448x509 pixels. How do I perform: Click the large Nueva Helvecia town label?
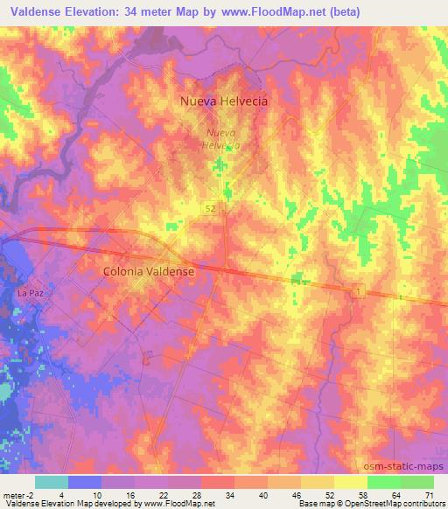(223, 101)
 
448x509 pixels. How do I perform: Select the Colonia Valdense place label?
(148, 271)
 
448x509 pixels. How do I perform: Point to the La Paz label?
(30, 294)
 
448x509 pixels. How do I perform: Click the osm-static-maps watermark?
(410, 466)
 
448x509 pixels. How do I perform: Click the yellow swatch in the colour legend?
(350, 482)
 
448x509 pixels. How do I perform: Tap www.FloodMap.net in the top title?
(264, 12)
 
